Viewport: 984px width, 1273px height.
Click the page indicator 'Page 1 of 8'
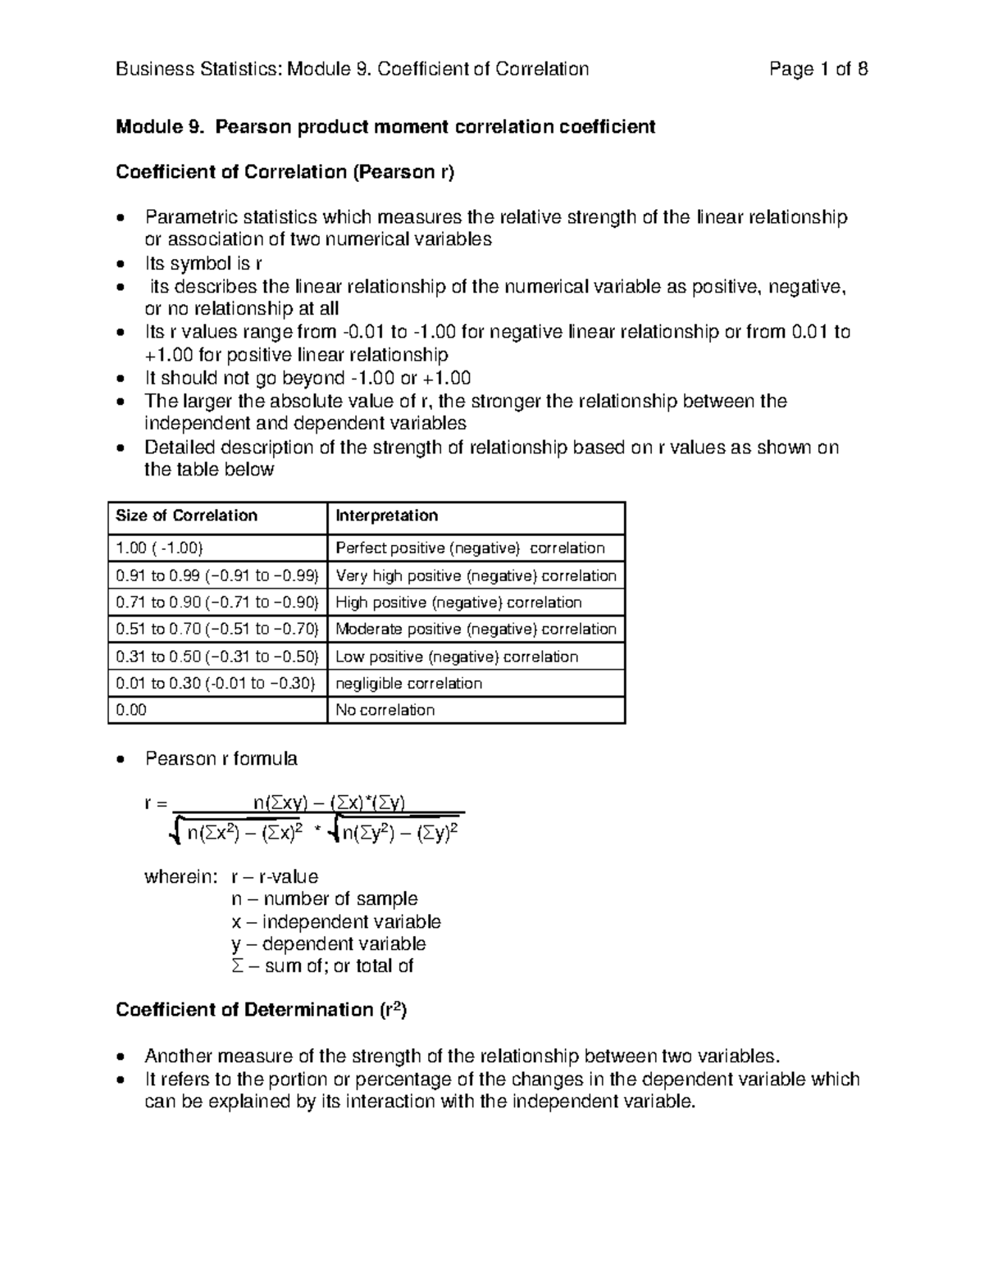pyautogui.click(x=818, y=69)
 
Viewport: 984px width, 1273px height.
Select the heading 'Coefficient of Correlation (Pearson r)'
pyautogui.click(x=285, y=172)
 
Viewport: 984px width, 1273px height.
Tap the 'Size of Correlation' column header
pyautogui.click(x=186, y=516)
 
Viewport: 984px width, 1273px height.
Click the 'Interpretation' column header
pyautogui.click(x=386, y=516)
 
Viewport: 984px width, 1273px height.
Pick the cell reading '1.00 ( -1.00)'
pyautogui.click(x=159, y=548)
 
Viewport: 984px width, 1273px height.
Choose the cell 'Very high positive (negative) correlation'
pyautogui.click(x=476, y=575)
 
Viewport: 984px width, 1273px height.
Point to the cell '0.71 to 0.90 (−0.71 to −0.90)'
pyautogui.click(x=217, y=602)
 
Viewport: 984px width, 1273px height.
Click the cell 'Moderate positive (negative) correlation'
pyautogui.click(x=476, y=630)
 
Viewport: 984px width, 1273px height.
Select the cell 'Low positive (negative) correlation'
pyautogui.click(x=457, y=657)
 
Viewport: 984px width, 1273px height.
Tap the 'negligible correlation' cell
pyautogui.click(x=408, y=684)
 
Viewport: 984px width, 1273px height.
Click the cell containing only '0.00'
pyautogui.click(x=131, y=710)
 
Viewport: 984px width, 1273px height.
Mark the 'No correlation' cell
pyautogui.click(x=385, y=710)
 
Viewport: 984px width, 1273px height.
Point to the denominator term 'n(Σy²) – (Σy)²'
pyautogui.click(x=399, y=834)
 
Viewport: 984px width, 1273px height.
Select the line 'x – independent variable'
pyautogui.click(x=336, y=922)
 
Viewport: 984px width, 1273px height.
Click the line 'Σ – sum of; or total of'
pyautogui.click(x=322, y=966)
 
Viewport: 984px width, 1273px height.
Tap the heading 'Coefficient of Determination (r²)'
pyautogui.click(x=261, y=1010)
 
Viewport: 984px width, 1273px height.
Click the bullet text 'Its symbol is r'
pyautogui.click(x=203, y=264)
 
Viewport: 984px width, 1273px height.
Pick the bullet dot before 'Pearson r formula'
pyautogui.click(x=121, y=760)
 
